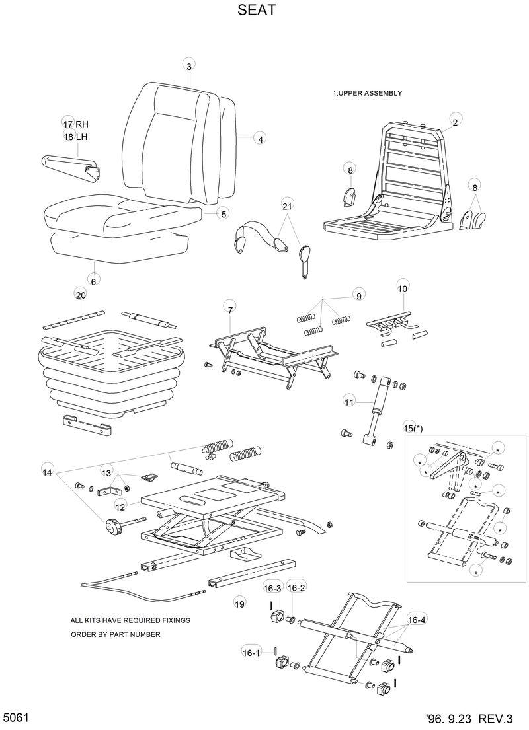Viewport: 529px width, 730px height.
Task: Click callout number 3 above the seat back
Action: (189, 65)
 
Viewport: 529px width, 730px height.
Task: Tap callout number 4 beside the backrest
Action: (261, 139)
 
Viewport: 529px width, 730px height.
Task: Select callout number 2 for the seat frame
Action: (455, 122)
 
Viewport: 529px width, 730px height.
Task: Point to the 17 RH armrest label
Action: (75, 124)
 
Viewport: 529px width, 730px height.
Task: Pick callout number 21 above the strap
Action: (286, 207)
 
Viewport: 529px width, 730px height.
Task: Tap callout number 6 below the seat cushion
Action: (93, 281)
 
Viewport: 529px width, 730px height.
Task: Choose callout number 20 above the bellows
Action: (81, 295)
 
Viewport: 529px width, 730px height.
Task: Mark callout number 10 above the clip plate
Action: (402, 288)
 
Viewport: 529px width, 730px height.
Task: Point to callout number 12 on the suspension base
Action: (120, 507)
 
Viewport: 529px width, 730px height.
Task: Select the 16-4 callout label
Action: (417, 620)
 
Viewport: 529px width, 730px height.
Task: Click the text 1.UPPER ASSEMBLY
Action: (367, 94)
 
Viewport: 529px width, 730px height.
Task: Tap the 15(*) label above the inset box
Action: (413, 428)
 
